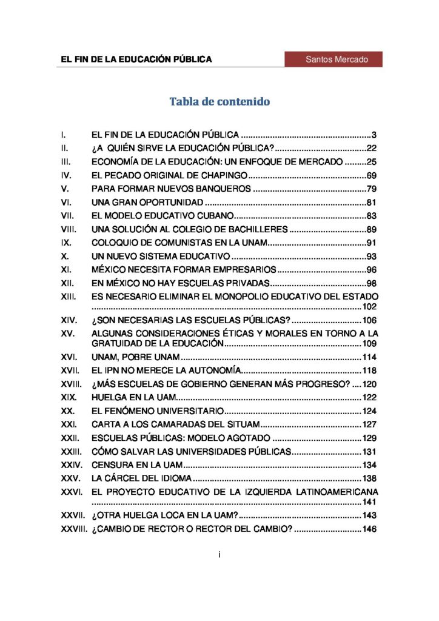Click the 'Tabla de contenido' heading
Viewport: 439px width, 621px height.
tap(219, 101)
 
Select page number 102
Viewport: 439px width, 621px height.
tap(369, 306)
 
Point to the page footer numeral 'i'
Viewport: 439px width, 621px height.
tap(219, 554)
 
